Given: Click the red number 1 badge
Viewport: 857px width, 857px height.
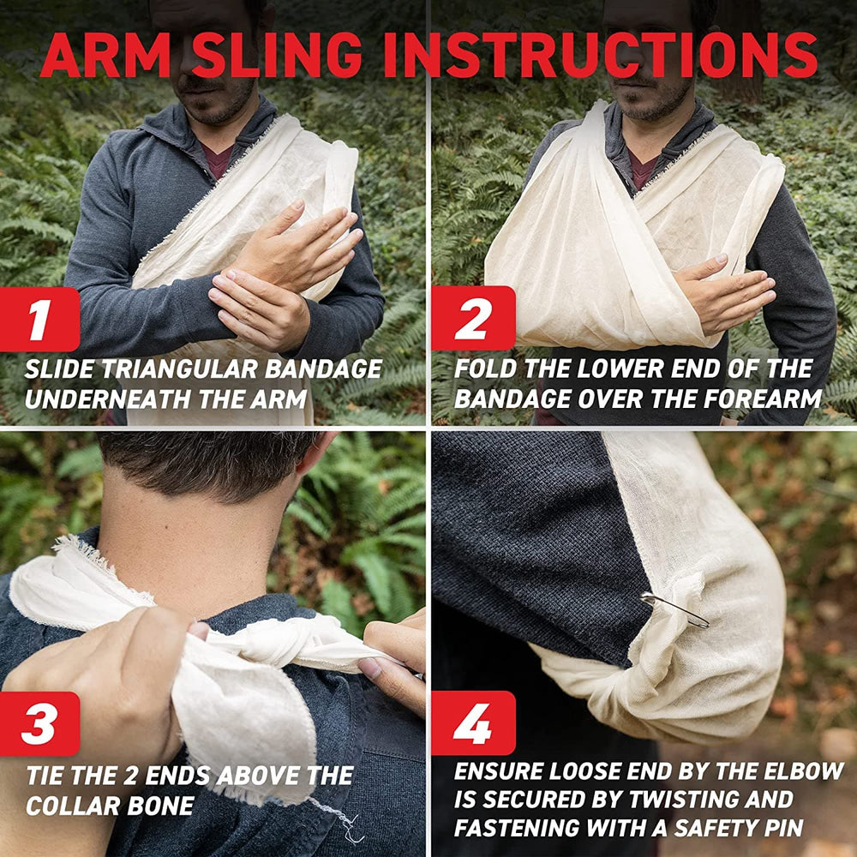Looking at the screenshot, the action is pyautogui.click(x=39, y=319).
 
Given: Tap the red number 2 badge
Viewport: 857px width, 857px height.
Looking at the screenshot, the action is pyautogui.click(x=473, y=318).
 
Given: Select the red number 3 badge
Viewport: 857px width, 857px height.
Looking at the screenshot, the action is pyautogui.click(x=39, y=723).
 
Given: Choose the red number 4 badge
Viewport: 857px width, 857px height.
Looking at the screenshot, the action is pyautogui.click(x=473, y=723).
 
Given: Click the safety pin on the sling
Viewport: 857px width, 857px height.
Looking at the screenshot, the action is pyautogui.click(x=675, y=608).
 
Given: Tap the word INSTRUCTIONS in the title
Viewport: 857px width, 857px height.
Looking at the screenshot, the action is pyautogui.click(x=601, y=55).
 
